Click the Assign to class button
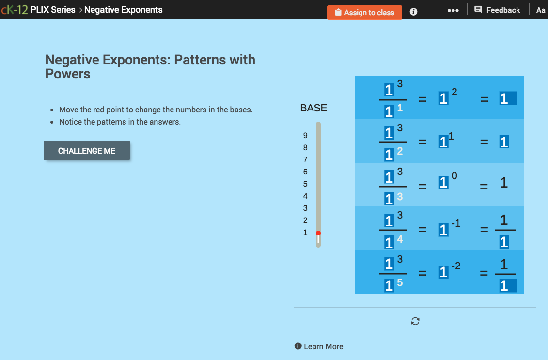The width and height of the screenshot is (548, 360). tap(364, 13)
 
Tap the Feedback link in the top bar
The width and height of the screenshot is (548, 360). tap(497, 10)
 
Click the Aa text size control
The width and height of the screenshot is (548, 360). tap(541, 10)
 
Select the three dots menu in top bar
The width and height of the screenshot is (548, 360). tap(453, 10)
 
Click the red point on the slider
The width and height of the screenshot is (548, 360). tap(318, 233)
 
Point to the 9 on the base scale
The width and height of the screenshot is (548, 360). tap(305, 136)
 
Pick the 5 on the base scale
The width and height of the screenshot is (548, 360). tap(305, 184)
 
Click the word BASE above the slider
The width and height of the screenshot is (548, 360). tap(313, 108)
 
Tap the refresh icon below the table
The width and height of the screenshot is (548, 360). tap(415, 321)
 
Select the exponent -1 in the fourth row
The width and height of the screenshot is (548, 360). tap(455, 223)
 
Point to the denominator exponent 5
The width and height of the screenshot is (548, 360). tap(400, 282)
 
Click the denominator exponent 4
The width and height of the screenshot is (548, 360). tap(400, 239)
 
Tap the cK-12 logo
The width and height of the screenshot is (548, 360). tap(14, 10)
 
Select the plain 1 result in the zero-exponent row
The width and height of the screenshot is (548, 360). tap(504, 183)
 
